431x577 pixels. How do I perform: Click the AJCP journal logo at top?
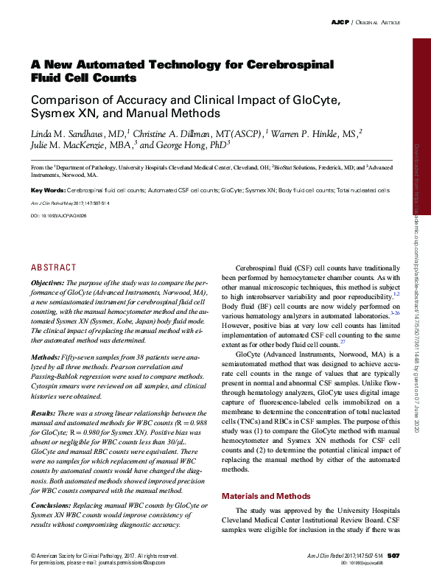tap(340, 24)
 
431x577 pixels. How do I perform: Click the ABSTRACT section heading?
tap(53, 267)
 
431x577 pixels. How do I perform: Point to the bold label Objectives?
tap(47, 283)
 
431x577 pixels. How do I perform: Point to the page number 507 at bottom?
tap(393, 555)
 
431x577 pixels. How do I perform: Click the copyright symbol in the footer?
tap(32, 555)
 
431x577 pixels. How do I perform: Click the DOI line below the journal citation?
tap(58, 215)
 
